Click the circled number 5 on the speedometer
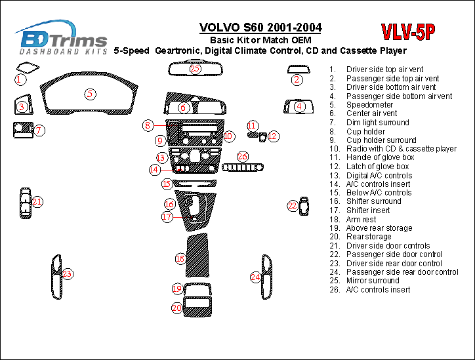pyautogui.click(x=90, y=94)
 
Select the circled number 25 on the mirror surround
pyautogui.click(x=195, y=68)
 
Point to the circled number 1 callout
pyautogui.click(x=20, y=79)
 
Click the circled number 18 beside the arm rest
pyautogui.click(x=180, y=259)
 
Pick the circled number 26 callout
pyautogui.click(x=243, y=156)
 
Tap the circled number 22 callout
pyautogui.click(x=293, y=206)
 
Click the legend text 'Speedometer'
pyautogui.click(x=369, y=104)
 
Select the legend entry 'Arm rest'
pyautogui.click(x=361, y=219)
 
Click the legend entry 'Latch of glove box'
pyautogui.click(x=377, y=167)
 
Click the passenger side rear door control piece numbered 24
pyautogui.click(x=267, y=276)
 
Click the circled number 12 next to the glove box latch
pyautogui.click(x=273, y=136)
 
